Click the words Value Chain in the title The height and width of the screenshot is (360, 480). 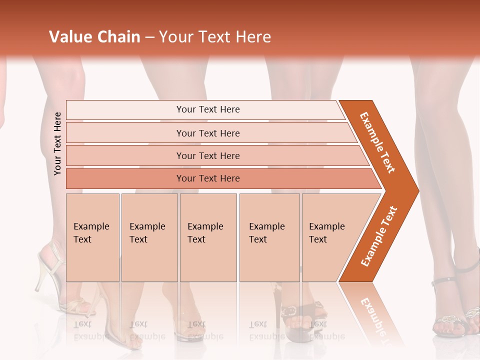point(94,37)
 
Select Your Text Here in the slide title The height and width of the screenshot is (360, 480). point(215,37)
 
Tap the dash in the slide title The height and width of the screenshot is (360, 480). point(149,37)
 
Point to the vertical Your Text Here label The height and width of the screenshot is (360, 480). point(58,143)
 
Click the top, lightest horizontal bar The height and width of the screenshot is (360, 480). point(207,109)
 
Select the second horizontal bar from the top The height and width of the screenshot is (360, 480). point(207,133)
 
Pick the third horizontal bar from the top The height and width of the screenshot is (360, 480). point(207,155)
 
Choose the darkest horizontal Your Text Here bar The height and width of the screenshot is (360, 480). point(207,178)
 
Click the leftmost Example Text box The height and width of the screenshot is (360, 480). point(92,237)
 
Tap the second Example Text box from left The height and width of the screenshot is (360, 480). point(149,237)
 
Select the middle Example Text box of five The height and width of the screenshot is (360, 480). point(207,237)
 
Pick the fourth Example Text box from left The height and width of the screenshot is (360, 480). point(269,237)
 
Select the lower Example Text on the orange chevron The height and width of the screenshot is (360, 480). point(379,236)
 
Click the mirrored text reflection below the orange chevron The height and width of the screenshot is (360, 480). point(372,315)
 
